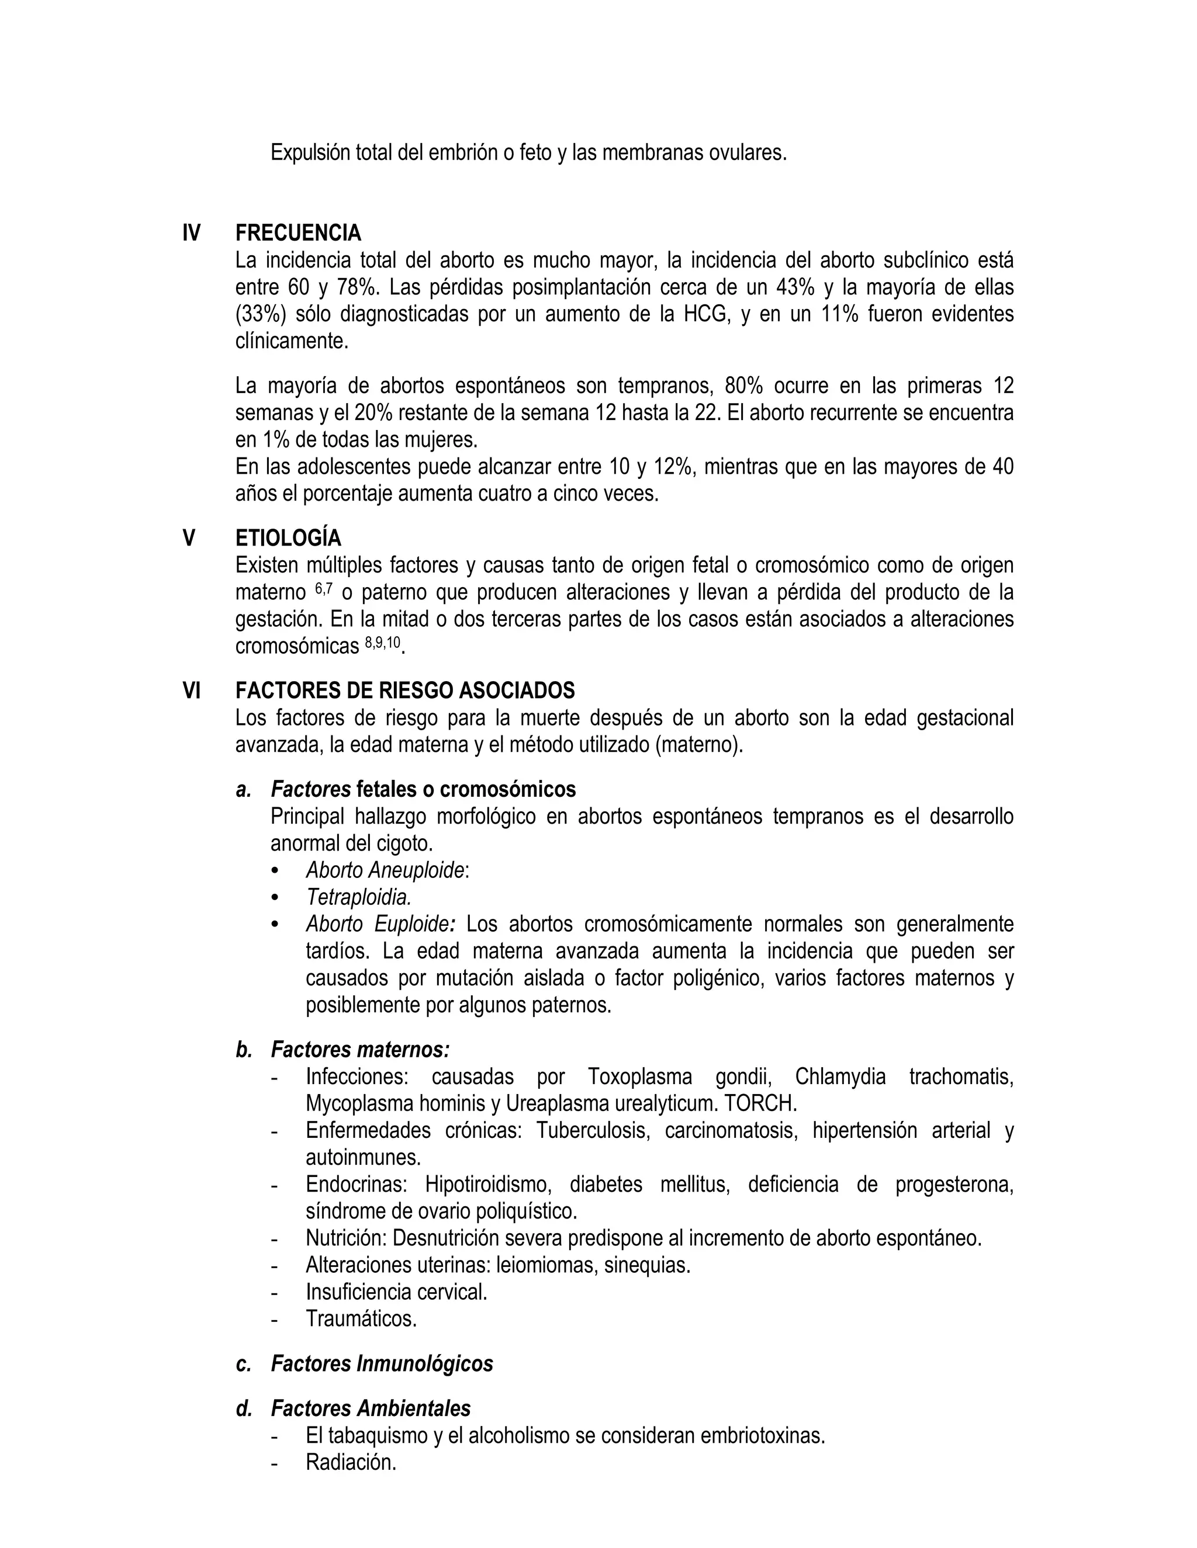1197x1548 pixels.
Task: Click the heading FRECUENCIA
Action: pos(298,232)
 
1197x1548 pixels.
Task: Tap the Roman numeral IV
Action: pos(192,232)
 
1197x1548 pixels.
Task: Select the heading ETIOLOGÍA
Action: pos(288,538)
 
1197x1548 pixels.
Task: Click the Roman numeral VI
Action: pos(192,690)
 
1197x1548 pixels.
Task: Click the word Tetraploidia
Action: pos(359,897)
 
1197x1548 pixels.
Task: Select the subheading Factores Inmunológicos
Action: pos(382,1364)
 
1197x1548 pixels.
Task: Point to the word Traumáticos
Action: pos(361,1319)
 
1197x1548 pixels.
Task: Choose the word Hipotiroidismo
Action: pos(489,1185)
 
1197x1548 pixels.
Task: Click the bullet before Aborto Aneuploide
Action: pos(276,871)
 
